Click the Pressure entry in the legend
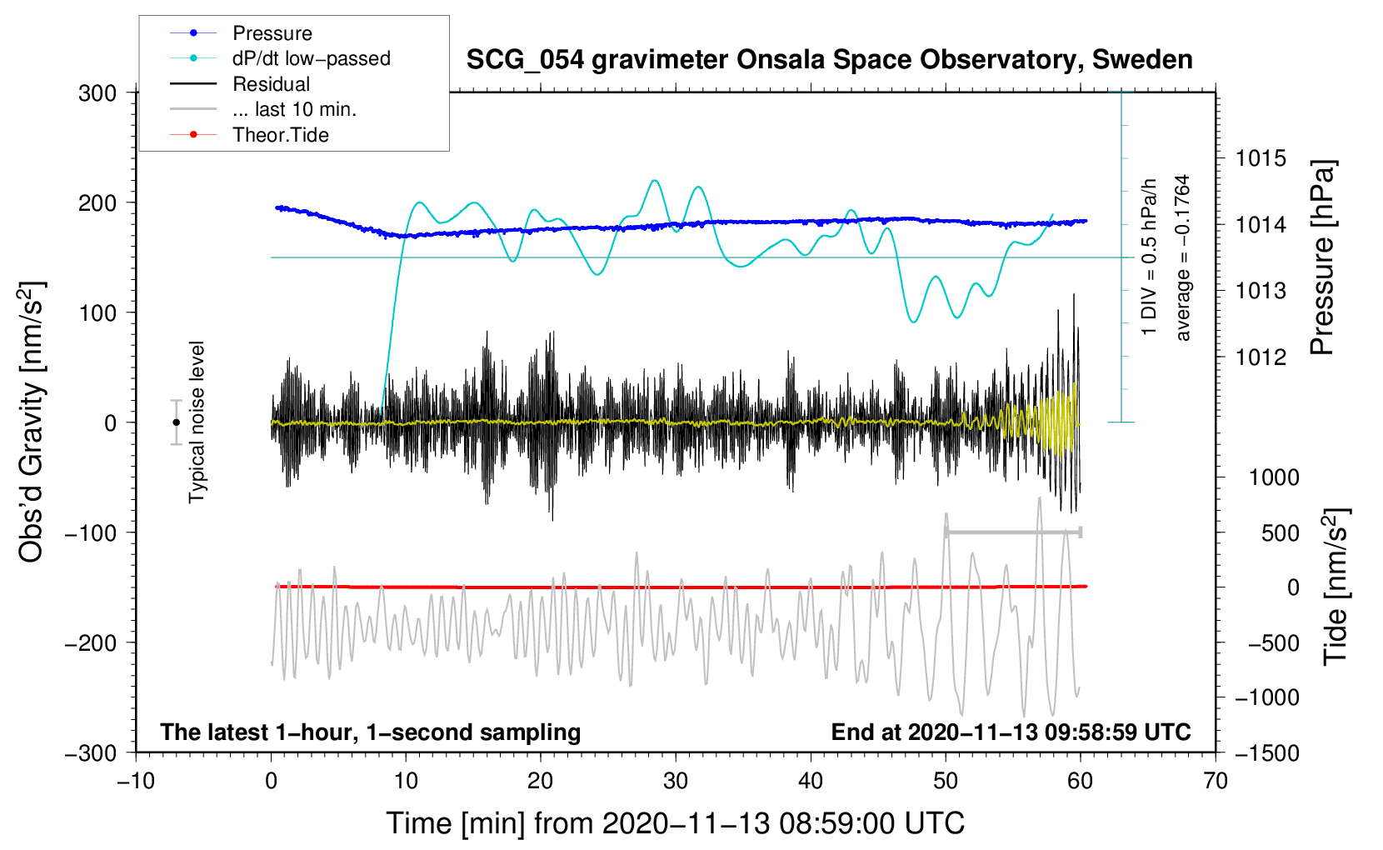pyautogui.click(x=272, y=33)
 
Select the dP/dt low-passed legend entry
pyautogui.click(x=311, y=58)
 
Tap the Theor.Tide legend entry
pyautogui.click(x=280, y=135)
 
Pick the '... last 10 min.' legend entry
pyautogui.click(x=294, y=109)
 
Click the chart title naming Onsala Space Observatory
pyautogui.click(x=829, y=60)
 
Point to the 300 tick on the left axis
pyautogui.click(x=97, y=93)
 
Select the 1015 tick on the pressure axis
pyautogui.click(x=1261, y=158)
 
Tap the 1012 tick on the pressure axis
pyautogui.click(x=1261, y=357)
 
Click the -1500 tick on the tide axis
pyautogui.click(x=1266, y=752)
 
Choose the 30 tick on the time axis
pyautogui.click(x=676, y=781)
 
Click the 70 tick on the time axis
pyautogui.click(x=1216, y=781)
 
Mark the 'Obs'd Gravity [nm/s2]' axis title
pyautogui.click(x=32, y=422)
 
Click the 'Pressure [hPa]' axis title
pyautogui.click(x=1322, y=258)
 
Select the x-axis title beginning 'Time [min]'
pyautogui.click(x=676, y=823)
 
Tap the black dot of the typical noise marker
pyautogui.click(x=176, y=422)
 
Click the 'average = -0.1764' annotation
pyautogui.click(x=1183, y=258)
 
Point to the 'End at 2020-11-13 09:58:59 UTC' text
pyautogui.click(x=1011, y=732)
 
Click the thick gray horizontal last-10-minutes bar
pyautogui.click(x=1012, y=532)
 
